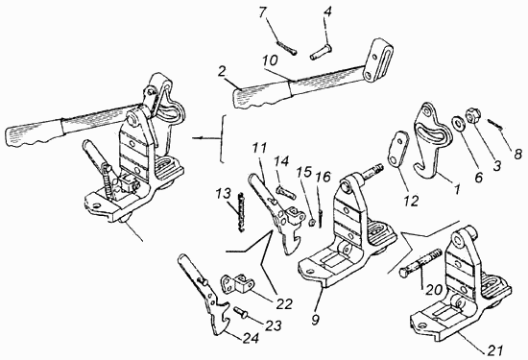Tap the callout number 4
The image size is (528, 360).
click(327, 12)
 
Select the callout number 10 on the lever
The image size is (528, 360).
click(271, 60)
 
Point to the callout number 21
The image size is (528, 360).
click(494, 349)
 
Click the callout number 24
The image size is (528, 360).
click(252, 338)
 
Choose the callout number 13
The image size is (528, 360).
click(225, 194)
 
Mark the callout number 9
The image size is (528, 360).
click(315, 320)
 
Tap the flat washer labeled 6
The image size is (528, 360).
click(458, 123)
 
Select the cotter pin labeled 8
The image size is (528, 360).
click(494, 124)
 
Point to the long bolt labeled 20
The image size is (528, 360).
click(420, 262)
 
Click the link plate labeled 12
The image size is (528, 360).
click(398, 148)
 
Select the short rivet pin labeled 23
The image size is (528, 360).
click(240, 312)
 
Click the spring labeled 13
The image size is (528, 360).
click(240, 211)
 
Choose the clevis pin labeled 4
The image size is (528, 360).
click(321, 53)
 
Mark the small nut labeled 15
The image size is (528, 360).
click(312, 223)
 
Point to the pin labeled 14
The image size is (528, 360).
click(286, 193)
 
